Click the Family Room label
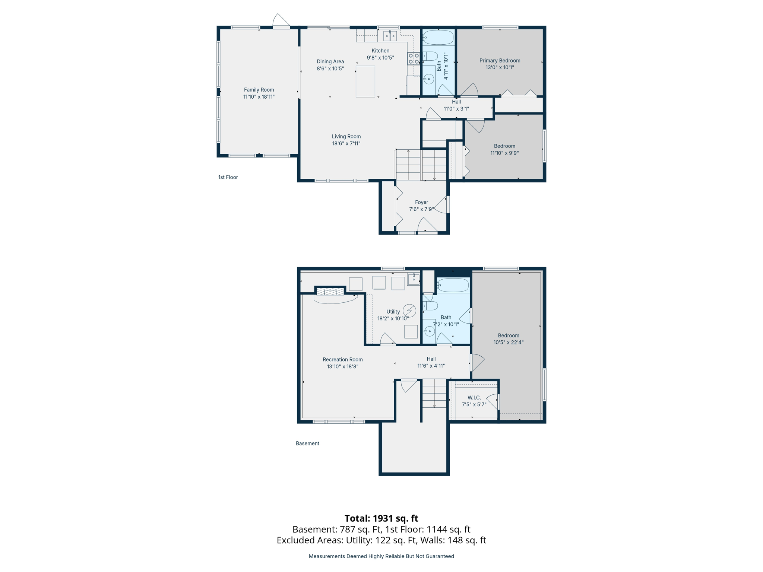259,90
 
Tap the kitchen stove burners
414,59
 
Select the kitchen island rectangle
365,82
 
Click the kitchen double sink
390,36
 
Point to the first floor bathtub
439,38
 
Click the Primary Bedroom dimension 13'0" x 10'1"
500,67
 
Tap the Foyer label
421,202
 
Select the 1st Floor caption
228,177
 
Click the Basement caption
307,443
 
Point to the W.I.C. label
474,398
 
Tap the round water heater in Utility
409,310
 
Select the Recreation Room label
342,359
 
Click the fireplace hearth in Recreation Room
335,298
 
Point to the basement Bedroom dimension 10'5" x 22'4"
508,342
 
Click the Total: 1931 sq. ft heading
381,518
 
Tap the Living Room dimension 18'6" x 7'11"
346,143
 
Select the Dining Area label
330,61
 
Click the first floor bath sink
429,79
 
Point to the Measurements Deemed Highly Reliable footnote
381,556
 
